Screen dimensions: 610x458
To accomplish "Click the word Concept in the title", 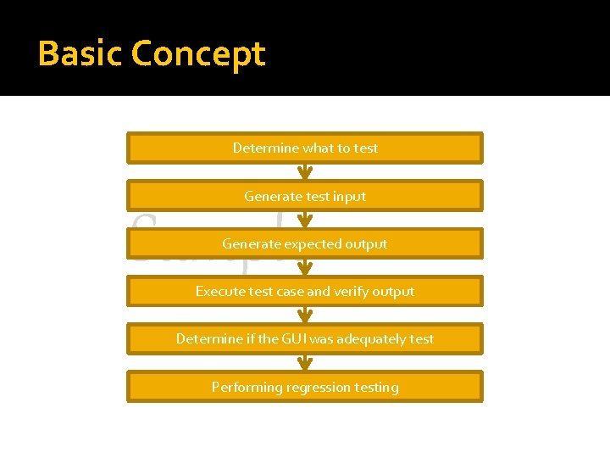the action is (x=199, y=55).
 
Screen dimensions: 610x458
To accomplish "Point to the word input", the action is (x=350, y=197).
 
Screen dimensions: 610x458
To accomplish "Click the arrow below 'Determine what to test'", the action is (x=305, y=171).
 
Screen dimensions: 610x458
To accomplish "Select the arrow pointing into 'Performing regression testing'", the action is (x=305, y=362).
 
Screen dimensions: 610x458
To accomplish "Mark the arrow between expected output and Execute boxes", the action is (x=305, y=267).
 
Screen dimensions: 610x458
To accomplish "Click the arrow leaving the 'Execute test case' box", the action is (x=305, y=315).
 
